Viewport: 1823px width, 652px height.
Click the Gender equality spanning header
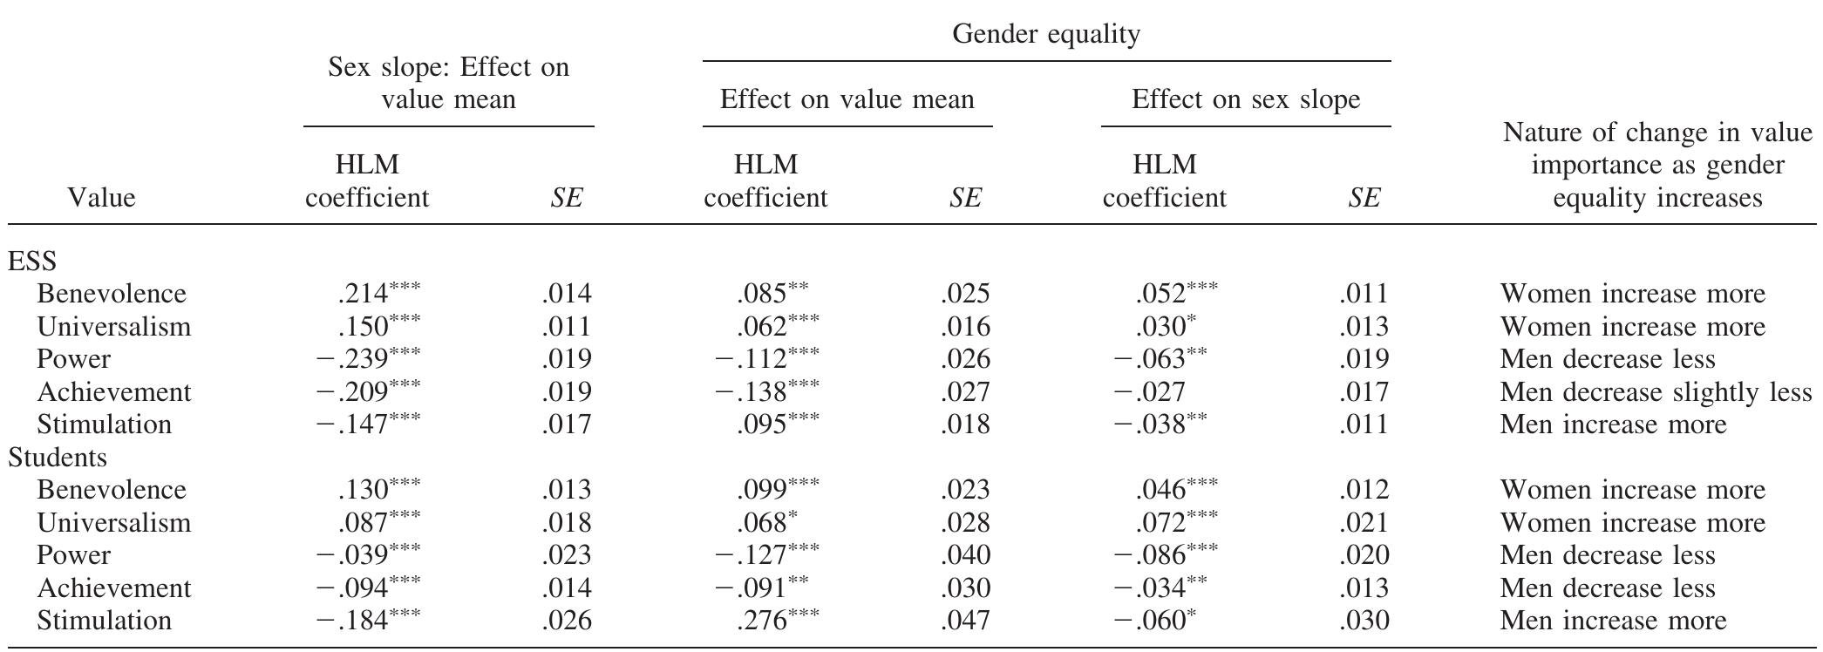(1045, 34)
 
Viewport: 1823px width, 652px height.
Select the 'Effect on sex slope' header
(1245, 99)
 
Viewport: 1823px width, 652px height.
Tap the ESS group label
(32, 261)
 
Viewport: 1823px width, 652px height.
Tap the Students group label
(58, 457)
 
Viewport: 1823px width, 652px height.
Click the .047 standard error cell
(965, 620)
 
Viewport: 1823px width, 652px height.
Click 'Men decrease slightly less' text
(1656, 391)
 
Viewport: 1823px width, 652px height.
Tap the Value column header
(101, 198)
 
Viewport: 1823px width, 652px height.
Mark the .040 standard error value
(965, 554)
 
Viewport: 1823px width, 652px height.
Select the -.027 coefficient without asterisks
(1149, 391)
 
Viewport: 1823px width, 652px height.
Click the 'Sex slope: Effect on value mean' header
(448, 83)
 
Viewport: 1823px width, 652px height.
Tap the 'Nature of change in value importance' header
(1656, 165)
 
